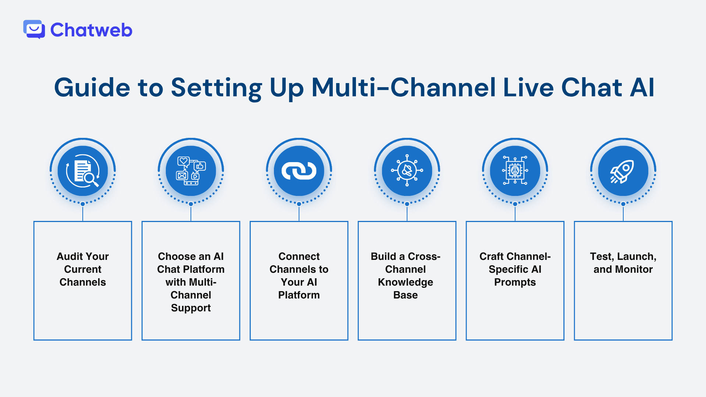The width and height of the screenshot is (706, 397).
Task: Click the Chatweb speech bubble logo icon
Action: coord(34,29)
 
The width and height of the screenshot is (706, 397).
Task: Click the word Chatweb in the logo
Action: coord(91,30)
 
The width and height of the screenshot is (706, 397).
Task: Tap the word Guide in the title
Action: coord(92,88)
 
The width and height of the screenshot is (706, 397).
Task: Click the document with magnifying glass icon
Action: coord(83,171)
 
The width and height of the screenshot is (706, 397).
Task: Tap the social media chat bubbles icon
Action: coord(191,171)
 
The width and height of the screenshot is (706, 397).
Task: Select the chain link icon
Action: coord(299,171)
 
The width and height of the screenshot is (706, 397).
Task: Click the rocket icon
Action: coord(623,171)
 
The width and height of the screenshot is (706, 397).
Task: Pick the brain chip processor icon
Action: coord(515,171)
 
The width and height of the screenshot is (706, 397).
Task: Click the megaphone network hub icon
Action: coord(407,171)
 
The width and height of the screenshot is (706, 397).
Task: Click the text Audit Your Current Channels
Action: coord(83,269)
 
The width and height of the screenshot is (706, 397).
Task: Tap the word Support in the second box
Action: coord(191,308)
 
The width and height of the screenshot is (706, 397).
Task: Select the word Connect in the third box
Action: coord(299,256)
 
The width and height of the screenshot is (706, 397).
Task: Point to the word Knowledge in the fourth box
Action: coord(406,282)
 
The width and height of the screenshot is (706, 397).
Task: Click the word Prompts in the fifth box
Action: coord(515,282)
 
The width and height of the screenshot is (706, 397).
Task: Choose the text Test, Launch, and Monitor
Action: coord(623,263)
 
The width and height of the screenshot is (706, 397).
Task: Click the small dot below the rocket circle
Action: coord(623,204)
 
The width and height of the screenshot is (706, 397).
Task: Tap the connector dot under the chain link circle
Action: coord(299,204)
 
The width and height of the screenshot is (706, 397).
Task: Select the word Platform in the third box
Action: coord(299,295)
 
